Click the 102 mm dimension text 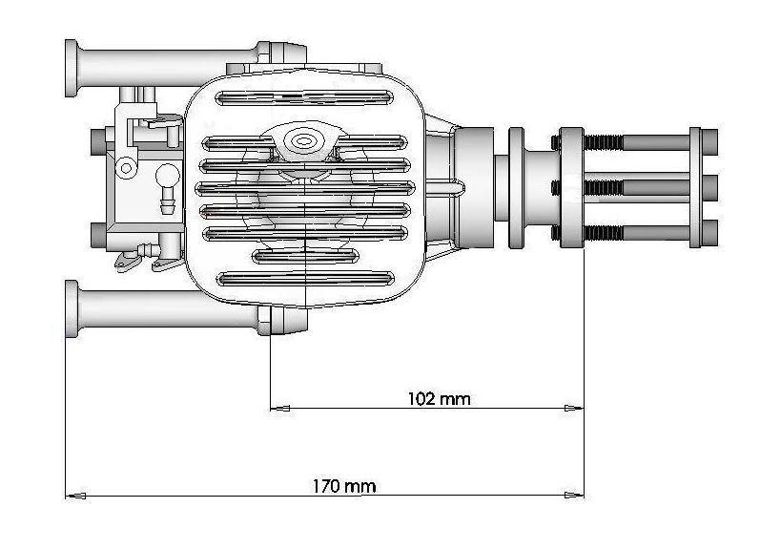coord(440,399)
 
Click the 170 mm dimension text coord(343,486)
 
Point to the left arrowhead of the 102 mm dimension coord(280,409)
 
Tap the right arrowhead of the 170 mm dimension coord(574,496)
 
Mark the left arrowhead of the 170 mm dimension coord(75,496)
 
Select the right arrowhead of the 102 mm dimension coord(574,408)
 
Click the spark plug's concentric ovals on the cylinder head coord(303,141)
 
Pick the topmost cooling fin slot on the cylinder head coord(304,97)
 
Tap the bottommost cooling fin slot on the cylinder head coord(305,279)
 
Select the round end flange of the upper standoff coord(72,69)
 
